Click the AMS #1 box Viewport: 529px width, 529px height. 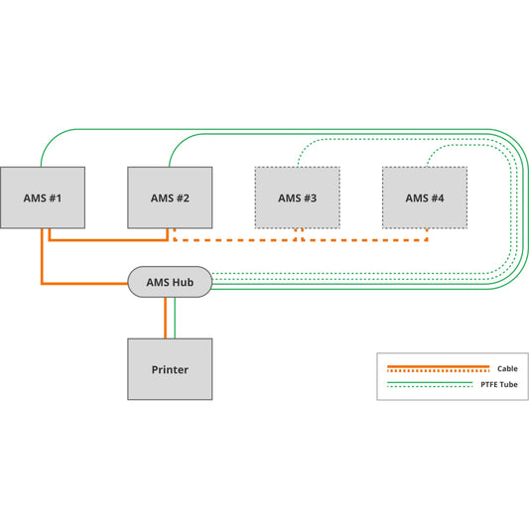tap(43, 198)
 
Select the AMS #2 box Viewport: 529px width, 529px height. tap(170, 198)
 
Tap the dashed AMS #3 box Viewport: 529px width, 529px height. tap(297, 198)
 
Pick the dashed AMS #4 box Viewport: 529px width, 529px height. tap(424, 198)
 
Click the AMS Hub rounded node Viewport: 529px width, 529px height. tap(170, 283)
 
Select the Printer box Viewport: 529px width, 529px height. tap(170, 369)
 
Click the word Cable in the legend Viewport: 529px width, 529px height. tap(507, 368)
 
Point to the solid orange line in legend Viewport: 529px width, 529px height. tap(437, 366)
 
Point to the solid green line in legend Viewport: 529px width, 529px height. tap(437, 382)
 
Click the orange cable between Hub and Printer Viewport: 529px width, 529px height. tap(165, 318)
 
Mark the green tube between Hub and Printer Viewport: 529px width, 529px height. tap(175, 318)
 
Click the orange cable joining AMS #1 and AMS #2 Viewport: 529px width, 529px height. tap(109, 239)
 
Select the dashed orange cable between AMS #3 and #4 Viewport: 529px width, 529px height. tap(362, 239)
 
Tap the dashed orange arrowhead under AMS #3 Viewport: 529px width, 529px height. tap(297, 231)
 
